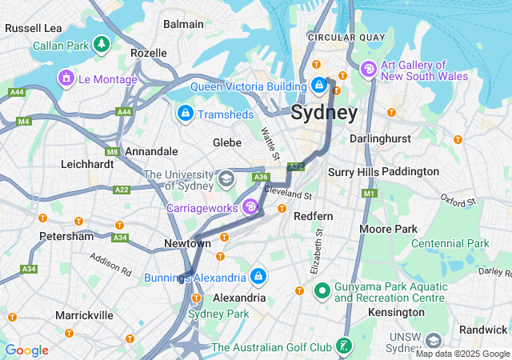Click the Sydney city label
(x=324, y=113)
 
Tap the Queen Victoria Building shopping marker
(x=318, y=84)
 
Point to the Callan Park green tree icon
(x=102, y=45)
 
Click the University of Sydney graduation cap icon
(x=226, y=177)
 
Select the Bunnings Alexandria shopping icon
(x=258, y=278)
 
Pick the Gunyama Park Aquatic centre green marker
(x=322, y=291)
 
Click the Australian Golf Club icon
(x=344, y=347)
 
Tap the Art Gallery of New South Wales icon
(x=369, y=70)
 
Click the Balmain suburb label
(x=183, y=24)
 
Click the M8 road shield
(x=111, y=150)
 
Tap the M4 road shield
(x=23, y=122)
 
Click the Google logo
(x=26, y=350)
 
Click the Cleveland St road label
(x=287, y=194)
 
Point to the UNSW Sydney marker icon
(x=434, y=341)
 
